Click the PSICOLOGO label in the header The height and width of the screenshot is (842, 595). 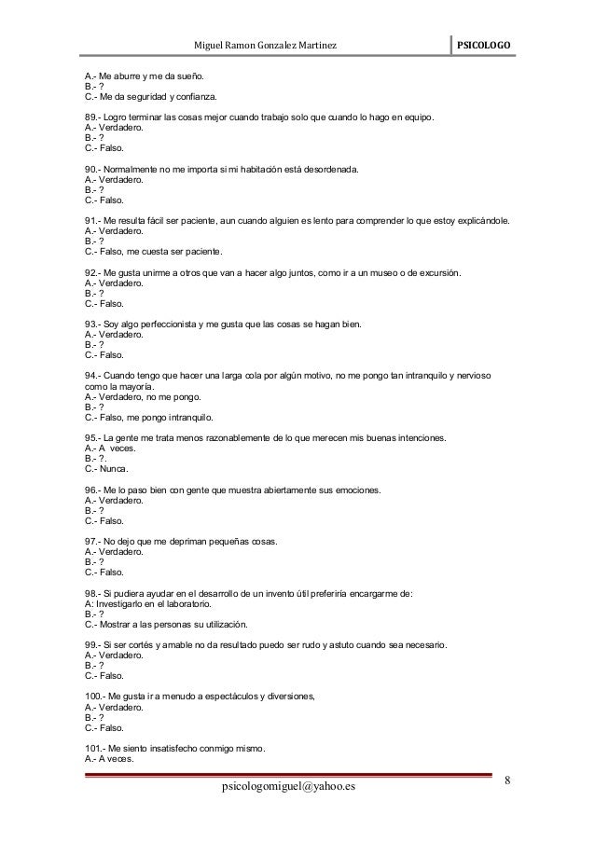click(488, 46)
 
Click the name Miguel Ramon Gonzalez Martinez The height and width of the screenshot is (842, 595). click(265, 46)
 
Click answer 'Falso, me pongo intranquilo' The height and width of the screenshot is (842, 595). click(149, 417)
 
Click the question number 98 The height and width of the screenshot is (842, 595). click(92, 594)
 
